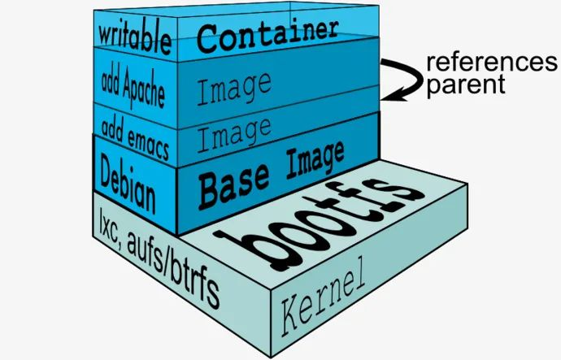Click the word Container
coord(267,35)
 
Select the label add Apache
coord(133,86)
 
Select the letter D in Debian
coord(107,167)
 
